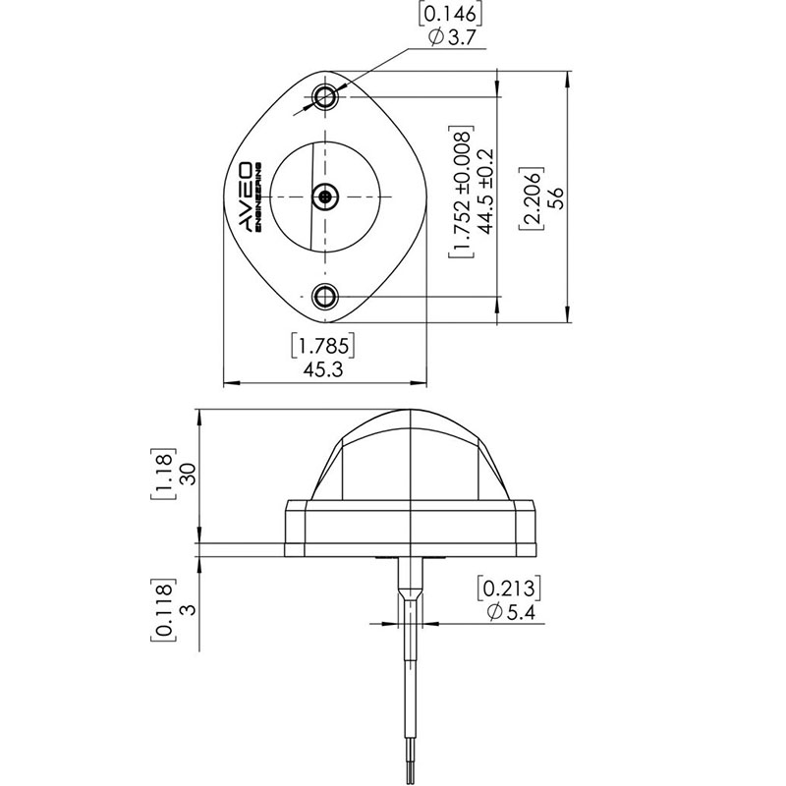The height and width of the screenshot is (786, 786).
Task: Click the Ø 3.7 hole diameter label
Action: (x=452, y=37)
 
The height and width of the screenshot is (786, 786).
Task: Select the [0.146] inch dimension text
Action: (x=450, y=14)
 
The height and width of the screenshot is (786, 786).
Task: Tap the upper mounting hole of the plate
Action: (x=325, y=95)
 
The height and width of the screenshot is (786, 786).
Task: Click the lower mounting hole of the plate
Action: (x=325, y=297)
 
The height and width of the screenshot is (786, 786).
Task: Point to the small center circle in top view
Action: (x=325, y=196)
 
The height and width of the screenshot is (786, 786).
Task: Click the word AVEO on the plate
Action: (x=244, y=196)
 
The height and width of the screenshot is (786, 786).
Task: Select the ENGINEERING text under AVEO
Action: (x=258, y=196)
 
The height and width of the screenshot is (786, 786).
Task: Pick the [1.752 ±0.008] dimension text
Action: (x=461, y=192)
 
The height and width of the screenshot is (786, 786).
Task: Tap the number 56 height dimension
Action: (x=556, y=198)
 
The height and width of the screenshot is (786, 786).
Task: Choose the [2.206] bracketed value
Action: (x=532, y=198)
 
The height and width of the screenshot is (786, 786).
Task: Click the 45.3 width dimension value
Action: (x=323, y=370)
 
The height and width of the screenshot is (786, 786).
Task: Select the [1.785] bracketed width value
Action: (x=323, y=346)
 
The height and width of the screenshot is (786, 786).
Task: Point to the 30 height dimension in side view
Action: (x=188, y=474)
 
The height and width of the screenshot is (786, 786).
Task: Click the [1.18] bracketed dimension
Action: (x=163, y=474)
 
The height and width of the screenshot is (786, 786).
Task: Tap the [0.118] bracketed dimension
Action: (x=163, y=610)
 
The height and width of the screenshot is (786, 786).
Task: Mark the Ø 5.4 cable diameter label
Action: (x=511, y=612)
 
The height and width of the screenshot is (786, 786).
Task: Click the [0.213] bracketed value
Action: (x=509, y=589)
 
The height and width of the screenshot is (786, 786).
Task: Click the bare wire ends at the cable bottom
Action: (x=411, y=773)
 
